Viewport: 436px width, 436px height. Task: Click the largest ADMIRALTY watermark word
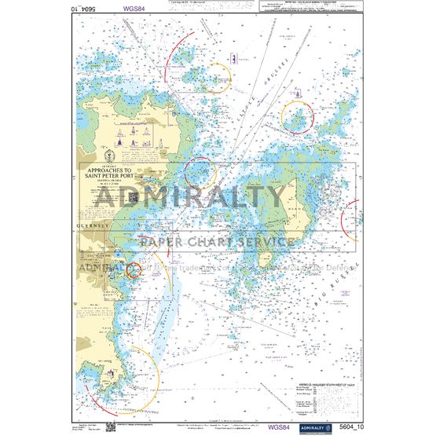click(x=218, y=196)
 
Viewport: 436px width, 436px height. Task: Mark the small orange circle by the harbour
click(x=134, y=269)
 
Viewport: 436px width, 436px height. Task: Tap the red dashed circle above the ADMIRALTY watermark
click(x=200, y=170)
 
